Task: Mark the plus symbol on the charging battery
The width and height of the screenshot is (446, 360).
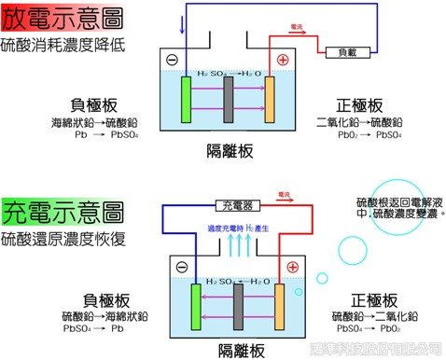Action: (292, 269)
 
